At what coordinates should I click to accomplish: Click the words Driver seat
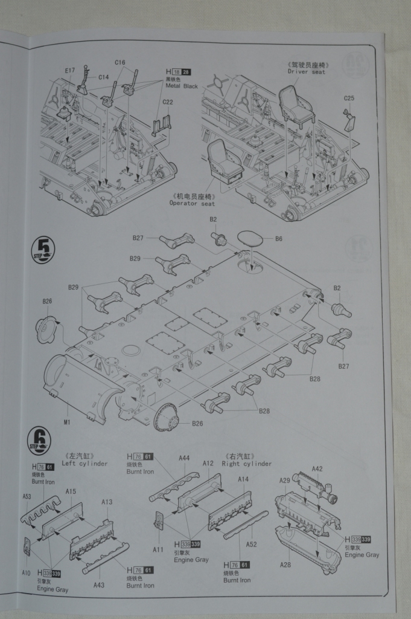[306, 72]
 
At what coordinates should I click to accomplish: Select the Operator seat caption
[192, 203]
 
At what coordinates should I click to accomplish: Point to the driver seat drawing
[296, 104]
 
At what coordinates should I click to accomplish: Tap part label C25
[349, 98]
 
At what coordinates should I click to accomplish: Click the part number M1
[67, 422]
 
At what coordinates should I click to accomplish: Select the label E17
[70, 71]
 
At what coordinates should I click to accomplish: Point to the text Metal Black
[182, 86]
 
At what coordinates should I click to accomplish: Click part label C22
[167, 102]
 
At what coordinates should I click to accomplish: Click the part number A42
[317, 468]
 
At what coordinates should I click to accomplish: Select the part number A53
[27, 496]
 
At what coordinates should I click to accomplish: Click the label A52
[251, 544]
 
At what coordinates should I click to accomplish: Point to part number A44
[185, 458]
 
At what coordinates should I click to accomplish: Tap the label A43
[99, 584]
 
